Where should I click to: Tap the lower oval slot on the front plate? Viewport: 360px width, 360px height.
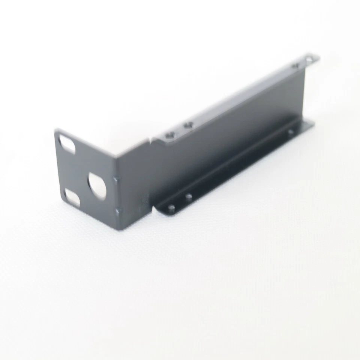click(72, 196)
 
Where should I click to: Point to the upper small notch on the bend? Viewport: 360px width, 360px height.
click(116, 178)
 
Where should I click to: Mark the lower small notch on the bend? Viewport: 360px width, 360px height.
click(118, 212)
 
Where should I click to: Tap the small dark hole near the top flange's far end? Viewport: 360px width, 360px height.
click(295, 66)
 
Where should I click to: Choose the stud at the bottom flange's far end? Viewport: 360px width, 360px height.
click(290, 132)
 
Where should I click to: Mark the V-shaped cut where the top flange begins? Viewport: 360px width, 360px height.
click(151, 140)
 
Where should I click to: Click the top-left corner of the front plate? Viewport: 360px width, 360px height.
click(56, 131)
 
